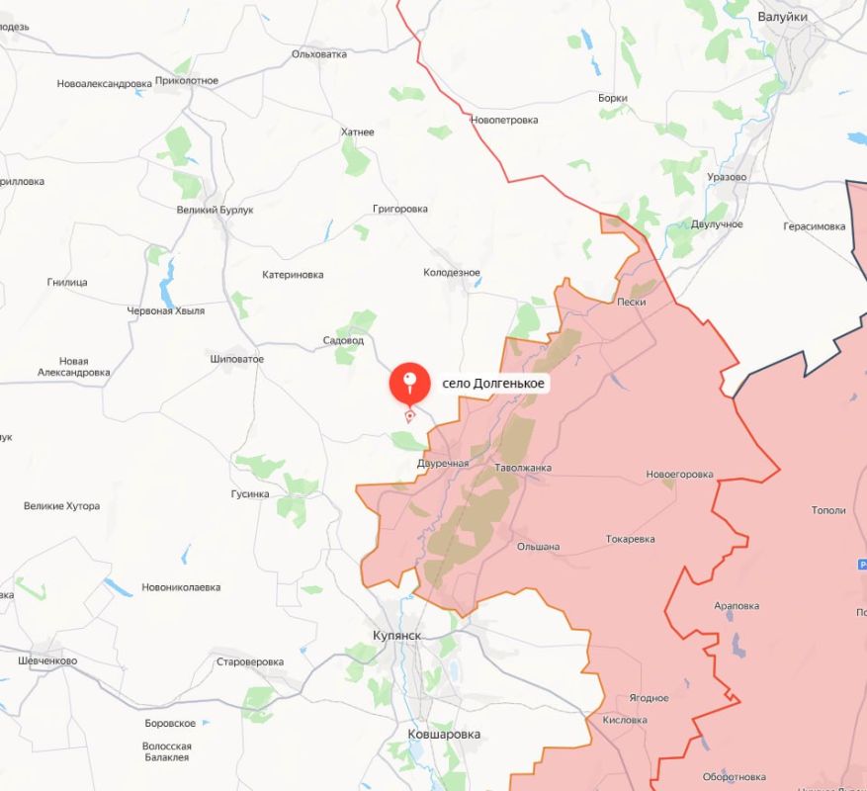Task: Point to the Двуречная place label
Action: click(x=442, y=463)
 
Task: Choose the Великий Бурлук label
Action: click(x=216, y=210)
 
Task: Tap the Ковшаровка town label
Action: click(x=444, y=735)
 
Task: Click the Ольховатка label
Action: click(x=319, y=54)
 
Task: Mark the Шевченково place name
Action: click(x=47, y=661)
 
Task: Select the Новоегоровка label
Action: click(x=679, y=475)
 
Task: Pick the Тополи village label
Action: click(x=828, y=510)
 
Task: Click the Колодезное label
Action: click(x=452, y=272)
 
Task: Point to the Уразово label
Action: click(x=727, y=177)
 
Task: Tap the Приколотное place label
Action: click(x=187, y=80)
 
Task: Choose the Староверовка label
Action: click(x=250, y=661)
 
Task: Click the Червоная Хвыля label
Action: click(x=166, y=310)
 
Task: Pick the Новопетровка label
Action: click(x=504, y=120)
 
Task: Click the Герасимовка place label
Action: click(x=815, y=225)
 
